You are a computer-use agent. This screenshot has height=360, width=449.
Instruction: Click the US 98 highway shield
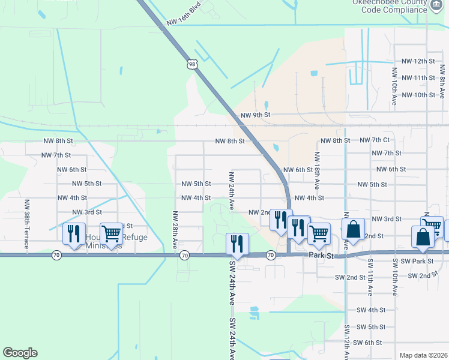tap(191, 64)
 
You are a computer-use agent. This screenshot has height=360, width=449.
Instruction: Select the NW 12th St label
tap(418, 61)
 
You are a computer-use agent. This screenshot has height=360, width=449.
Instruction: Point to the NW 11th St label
tap(418, 78)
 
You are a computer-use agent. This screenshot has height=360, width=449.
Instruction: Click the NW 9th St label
tap(256, 115)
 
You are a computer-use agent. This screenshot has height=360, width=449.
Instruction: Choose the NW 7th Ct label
tap(375, 140)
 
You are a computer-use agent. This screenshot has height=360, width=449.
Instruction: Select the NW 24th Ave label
tap(231, 190)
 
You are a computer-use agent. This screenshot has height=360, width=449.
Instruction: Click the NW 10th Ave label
tap(394, 86)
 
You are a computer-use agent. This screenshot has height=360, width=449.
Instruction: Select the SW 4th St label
tap(370, 310)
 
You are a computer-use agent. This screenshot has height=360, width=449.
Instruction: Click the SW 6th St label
tap(367, 343)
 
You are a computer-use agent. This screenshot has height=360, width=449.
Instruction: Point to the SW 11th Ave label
tap(370, 277)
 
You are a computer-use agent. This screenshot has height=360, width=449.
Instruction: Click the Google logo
tap(20, 353)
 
